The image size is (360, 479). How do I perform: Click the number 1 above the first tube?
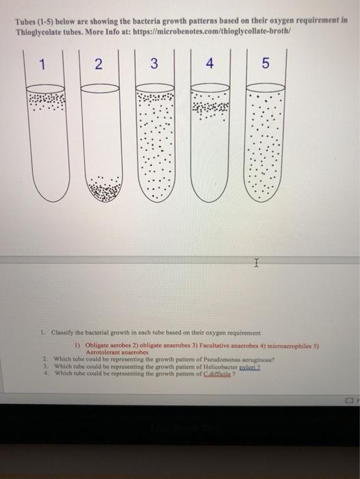click(42, 66)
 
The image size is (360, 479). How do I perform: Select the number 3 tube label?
click(155, 66)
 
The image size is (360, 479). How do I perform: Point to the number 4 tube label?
click(210, 66)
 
